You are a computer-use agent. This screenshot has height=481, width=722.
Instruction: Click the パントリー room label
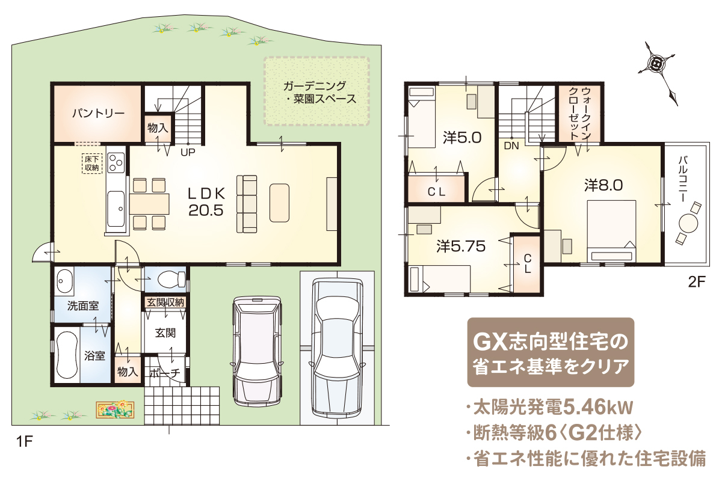tap(98, 114)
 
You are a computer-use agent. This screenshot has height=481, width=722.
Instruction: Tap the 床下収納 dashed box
tap(92, 164)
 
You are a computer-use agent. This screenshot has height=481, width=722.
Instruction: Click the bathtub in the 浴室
tap(67, 356)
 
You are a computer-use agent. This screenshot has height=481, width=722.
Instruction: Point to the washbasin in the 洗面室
tap(64, 281)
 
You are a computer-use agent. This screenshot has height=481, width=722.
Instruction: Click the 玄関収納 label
tap(165, 302)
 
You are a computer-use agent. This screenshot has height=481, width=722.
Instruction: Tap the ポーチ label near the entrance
tap(165, 373)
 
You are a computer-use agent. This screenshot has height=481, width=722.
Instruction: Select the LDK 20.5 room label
tap(206, 203)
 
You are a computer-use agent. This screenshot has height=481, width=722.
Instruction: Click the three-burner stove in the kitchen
tap(116, 164)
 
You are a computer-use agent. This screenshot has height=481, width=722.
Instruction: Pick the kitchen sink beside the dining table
tap(116, 209)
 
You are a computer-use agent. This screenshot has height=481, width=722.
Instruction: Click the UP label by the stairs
tap(188, 152)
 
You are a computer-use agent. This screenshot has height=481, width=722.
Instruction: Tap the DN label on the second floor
tap(511, 146)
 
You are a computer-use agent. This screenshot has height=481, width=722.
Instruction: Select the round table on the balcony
tap(688, 223)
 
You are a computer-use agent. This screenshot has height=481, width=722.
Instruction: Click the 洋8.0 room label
tap(603, 186)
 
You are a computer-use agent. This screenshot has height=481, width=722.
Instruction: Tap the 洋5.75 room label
tap(461, 247)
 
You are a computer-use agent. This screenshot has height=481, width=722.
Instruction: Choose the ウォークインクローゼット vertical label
tap(579, 113)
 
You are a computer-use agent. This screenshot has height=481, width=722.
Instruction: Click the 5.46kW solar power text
tap(597, 408)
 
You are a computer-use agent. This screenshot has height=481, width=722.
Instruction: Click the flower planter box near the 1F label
tap(115, 409)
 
